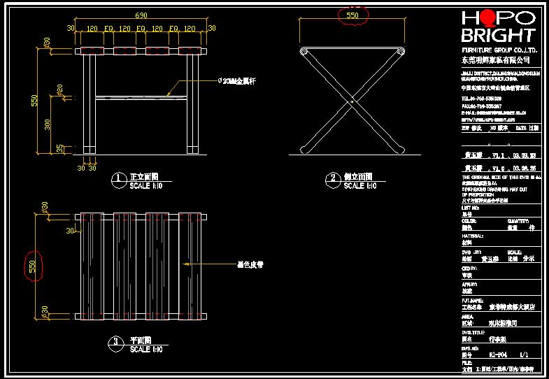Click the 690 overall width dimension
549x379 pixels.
[x=141, y=15]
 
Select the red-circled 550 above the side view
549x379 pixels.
[x=352, y=15]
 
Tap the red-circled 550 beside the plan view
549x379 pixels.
[x=32, y=266]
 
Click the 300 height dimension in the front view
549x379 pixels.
[x=48, y=124]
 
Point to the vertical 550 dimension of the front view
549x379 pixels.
[x=34, y=101]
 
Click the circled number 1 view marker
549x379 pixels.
[x=120, y=179]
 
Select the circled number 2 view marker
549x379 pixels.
[x=333, y=179]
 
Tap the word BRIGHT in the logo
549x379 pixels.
[x=498, y=34]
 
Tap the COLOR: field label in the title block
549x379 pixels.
[x=469, y=220]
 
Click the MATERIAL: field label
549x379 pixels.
[x=472, y=236]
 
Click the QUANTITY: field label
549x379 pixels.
[x=517, y=220]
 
